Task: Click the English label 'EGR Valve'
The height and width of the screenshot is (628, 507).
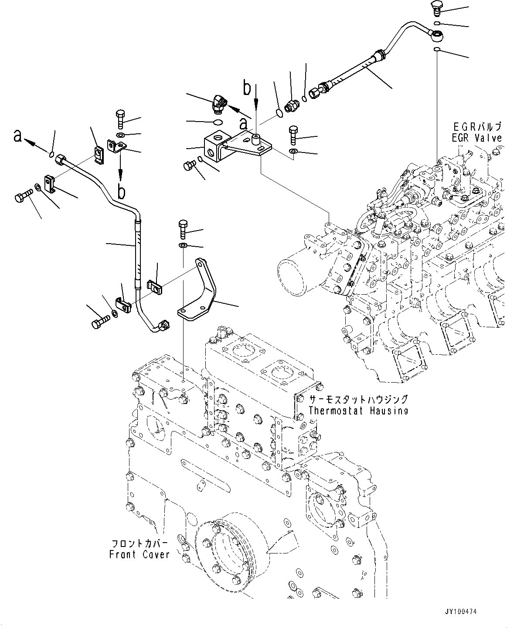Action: [x=477, y=138]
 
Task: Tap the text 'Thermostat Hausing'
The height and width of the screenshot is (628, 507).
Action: [x=358, y=411]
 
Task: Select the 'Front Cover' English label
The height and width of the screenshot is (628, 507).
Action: [x=139, y=555]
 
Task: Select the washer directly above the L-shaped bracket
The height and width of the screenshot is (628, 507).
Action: [x=183, y=247]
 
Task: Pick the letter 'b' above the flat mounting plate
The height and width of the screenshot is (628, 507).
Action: [x=247, y=88]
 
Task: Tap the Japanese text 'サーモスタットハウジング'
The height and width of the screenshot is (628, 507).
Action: [x=358, y=399]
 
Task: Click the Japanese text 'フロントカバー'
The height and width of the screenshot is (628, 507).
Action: [x=140, y=544]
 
